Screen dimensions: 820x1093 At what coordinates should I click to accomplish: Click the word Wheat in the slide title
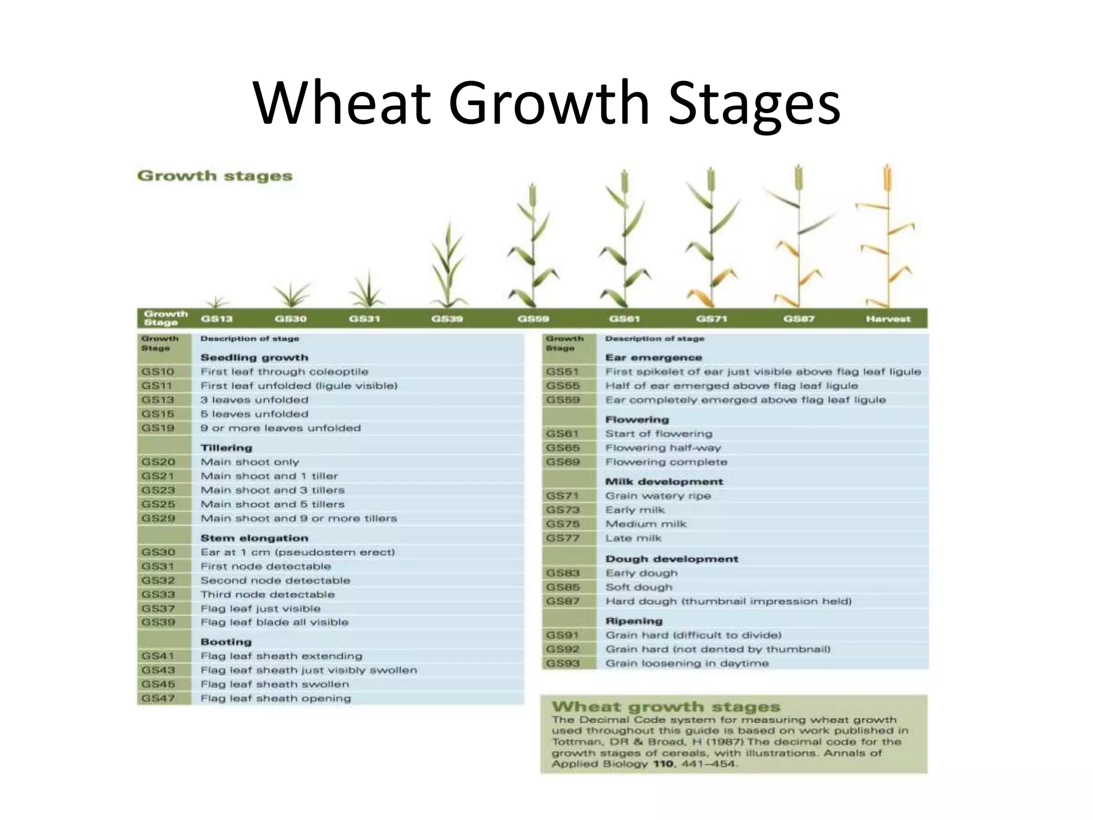(342, 102)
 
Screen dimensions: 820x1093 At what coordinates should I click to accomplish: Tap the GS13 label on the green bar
(217, 319)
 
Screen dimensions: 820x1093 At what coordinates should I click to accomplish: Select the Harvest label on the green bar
(888, 319)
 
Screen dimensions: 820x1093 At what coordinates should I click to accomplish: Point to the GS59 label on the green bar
(533, 319)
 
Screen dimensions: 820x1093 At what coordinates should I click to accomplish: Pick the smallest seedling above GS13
(216, 302)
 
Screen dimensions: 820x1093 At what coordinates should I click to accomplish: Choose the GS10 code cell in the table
(158, 372)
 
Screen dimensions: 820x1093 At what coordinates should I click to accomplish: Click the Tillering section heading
(226, 448)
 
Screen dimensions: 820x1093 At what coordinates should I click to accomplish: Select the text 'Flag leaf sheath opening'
(275, 698)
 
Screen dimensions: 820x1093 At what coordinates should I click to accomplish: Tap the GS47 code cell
(158, 698)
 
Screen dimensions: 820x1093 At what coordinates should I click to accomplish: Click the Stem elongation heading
(254, 538)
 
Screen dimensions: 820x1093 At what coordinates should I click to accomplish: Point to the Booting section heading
(226, 642)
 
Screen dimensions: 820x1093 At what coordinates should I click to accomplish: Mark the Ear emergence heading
(653, 358)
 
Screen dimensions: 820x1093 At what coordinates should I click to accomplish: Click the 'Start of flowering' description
(659, 434)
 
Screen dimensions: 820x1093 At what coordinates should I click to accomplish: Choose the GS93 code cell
(563, 664)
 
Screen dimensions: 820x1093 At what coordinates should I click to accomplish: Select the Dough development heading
(671, 559)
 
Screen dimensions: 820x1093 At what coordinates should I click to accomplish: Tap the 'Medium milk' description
(646, 524)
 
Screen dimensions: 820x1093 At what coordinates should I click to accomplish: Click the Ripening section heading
(634, 621)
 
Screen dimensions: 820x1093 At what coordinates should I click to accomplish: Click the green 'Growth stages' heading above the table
(215, 176)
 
